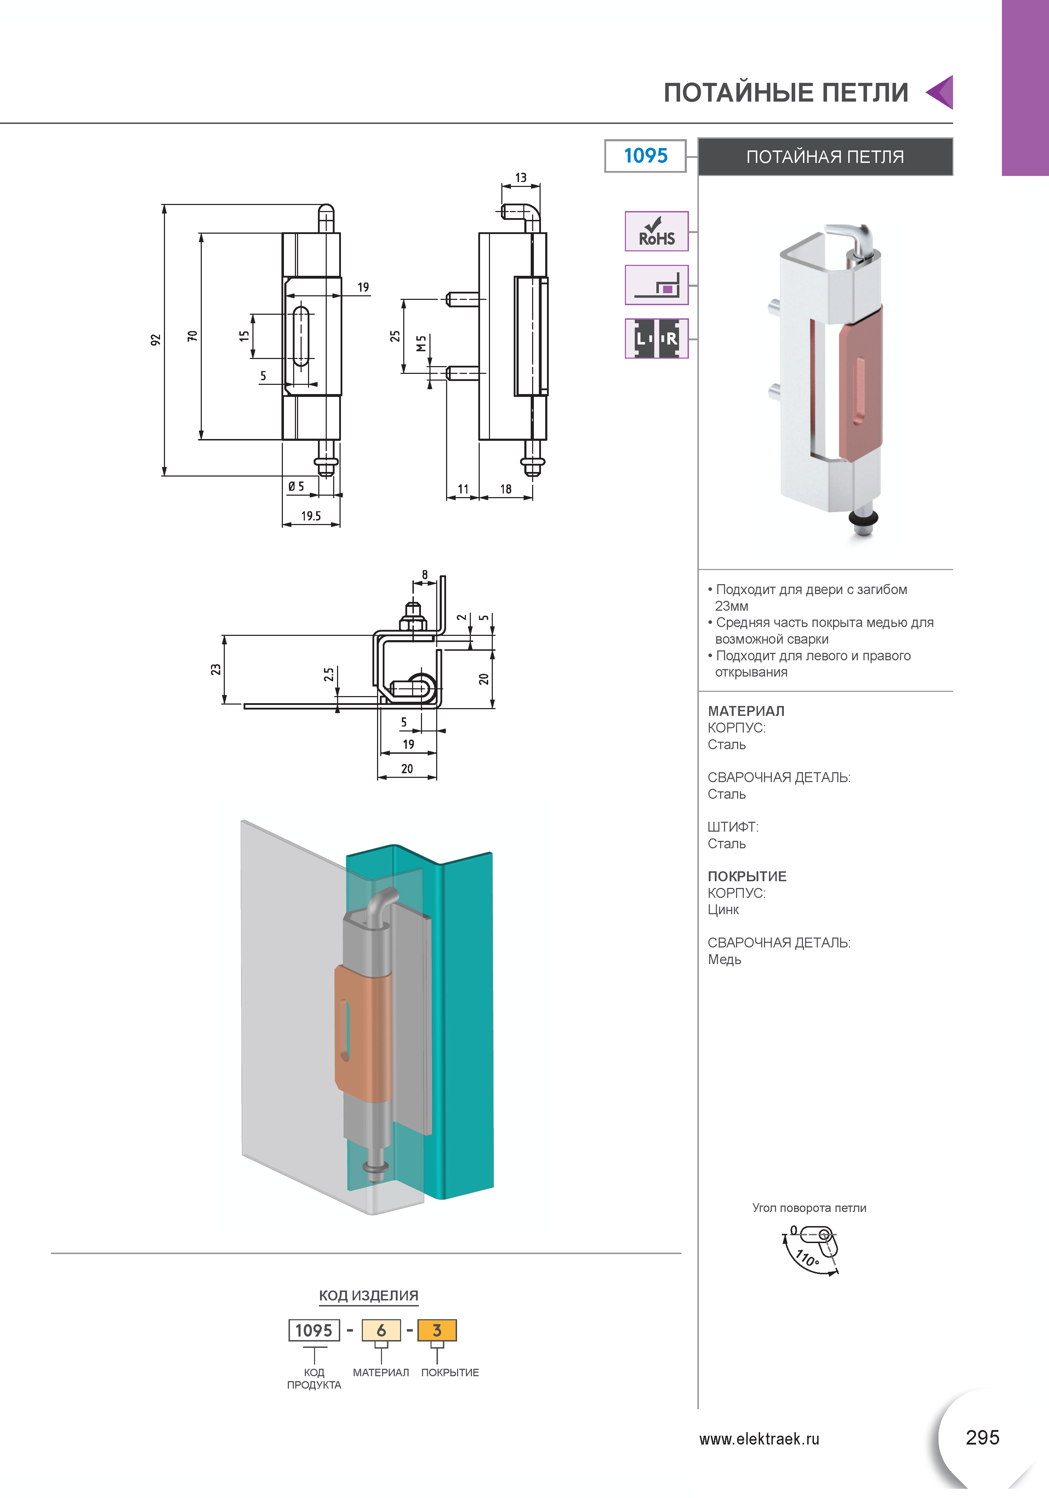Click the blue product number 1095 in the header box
[x=645, y=156]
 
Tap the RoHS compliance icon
[x=656, y=231]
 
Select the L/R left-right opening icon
[x=656, y=338]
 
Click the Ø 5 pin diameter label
[x=296, y=486]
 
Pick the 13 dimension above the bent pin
[x=520, y=177]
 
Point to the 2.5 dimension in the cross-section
[x=330, y=674]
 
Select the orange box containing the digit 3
[x=437, y=1330]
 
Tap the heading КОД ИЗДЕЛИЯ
[x=369, y=1296]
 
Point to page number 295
[x=982, y=1437]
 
